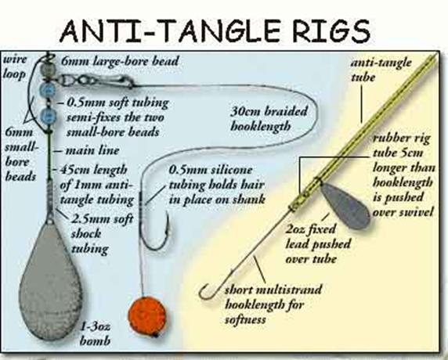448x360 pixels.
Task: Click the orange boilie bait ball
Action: pos(146,316)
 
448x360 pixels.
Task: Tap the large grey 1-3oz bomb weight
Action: pos(50,283)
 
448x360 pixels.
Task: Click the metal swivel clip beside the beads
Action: pos(96,81)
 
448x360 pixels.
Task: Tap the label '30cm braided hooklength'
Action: pos(269,118)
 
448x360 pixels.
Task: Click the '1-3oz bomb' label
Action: pos(95,333)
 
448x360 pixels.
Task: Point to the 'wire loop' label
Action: pos(15,67)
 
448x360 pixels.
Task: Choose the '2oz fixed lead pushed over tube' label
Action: pos(318,244)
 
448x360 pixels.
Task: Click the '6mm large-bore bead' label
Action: pos(119,61)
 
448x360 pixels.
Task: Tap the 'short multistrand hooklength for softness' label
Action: pos(273,304)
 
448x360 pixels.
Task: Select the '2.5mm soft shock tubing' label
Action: pos(102,234)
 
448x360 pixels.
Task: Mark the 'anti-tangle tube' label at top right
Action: pos(381,70)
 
